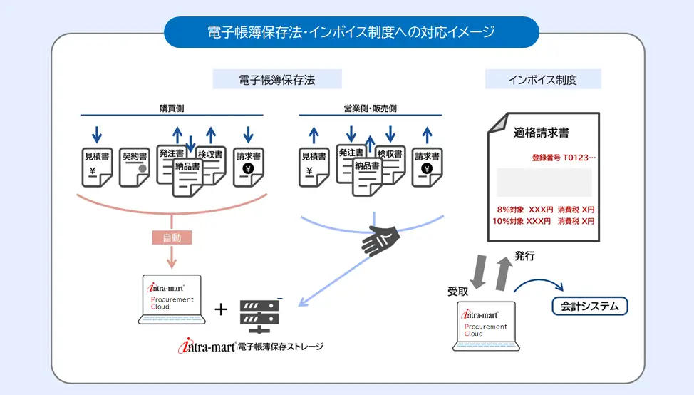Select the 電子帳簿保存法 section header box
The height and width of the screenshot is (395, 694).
pos(277,79)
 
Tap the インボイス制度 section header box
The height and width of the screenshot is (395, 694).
pos(543,79)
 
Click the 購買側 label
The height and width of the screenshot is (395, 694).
pos(172,108)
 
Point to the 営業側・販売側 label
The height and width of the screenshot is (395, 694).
pos(370,108)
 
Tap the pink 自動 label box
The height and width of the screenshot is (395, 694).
pos(172,237)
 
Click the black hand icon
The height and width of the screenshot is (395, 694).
pos(381,240)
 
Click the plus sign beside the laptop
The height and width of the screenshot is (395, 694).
pos(221,309)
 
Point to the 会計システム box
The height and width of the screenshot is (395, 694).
pos(591,307)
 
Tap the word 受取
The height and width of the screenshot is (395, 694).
pos(457,292)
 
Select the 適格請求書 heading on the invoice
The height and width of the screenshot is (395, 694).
pos(542,133)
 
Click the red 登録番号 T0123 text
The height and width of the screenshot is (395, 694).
pos(563,158)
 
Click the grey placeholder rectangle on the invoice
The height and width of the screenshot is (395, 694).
pos(544,183)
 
